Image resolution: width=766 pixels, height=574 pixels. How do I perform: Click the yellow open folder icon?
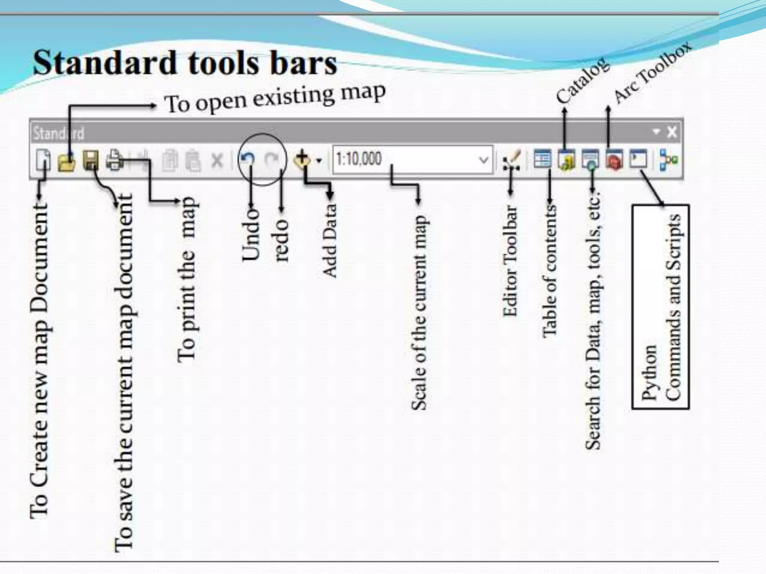pos(67,161)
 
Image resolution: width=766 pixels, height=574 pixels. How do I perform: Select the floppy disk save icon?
pos(91,161)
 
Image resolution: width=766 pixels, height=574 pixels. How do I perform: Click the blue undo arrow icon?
pos(248,159)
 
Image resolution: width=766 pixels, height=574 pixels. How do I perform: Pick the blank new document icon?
pos(43,161)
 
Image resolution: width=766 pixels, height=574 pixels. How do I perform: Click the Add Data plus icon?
pos(302,160)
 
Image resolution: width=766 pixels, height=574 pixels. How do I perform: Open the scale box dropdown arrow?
pos(484,160)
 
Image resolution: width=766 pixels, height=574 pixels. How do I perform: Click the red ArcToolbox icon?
pos(614,160)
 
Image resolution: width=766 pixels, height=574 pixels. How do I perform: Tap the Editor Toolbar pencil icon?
pos(512,160)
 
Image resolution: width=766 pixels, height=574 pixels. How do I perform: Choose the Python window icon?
pos(638,159)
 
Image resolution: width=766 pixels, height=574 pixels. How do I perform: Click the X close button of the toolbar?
pos(672,132)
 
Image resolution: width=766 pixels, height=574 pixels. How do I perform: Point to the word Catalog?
pos(582,81)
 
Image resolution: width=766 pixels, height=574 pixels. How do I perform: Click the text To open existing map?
pos(275,98)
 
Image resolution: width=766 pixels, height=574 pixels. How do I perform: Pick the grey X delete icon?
pos(217,161)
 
